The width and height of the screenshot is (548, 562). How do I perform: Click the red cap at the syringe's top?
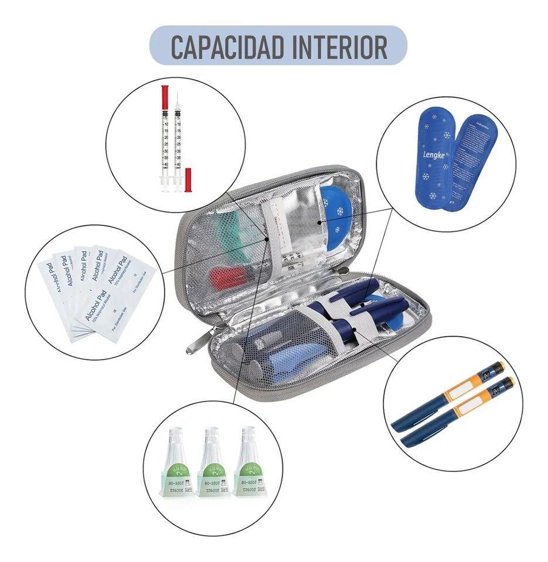click(x=165, y=93)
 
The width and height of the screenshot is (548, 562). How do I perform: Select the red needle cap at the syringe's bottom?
click(x=188, y=180)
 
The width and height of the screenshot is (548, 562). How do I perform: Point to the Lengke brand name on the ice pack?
click(x=433, y=156)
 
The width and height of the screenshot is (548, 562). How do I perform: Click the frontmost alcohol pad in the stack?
click(x=117, y=299)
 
